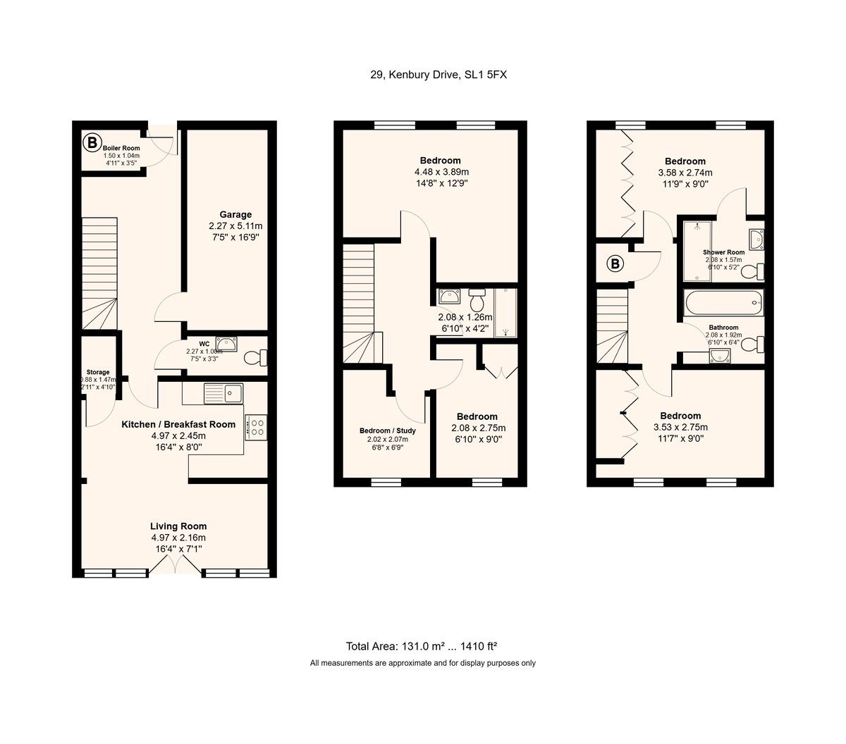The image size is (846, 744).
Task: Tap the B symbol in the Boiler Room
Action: [91, 143]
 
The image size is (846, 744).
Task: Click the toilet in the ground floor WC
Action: [256, 358]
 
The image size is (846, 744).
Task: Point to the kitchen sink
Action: [223, 393]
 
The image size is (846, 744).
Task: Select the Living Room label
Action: [178, 526]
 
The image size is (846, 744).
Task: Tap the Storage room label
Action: [98, 372]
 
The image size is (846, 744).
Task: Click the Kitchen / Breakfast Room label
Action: [178, 424]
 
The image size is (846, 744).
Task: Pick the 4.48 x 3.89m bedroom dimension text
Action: [441, 172]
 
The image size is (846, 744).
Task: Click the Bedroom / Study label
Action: [388, 430]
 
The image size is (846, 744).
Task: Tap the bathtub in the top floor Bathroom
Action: [723, 304]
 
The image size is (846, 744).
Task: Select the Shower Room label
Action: [723, 252]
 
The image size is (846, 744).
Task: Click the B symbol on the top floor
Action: [615, 264]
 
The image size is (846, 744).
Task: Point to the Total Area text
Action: [422, 646]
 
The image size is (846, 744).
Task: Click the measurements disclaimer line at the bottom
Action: [422, 663]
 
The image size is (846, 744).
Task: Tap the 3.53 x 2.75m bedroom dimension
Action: [680, 427]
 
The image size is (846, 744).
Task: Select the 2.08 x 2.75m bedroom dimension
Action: [478, 428]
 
